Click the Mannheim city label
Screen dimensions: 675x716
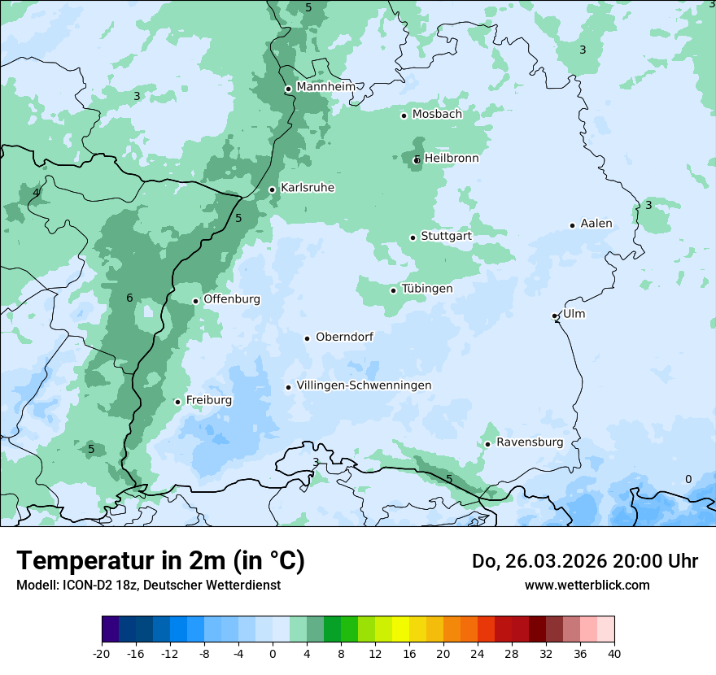[x=325, y=87]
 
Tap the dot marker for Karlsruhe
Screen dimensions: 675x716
[x=273, y=189]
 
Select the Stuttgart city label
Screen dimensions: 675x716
[x=446, y=236]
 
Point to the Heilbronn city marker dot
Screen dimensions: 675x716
[x=417, y=160]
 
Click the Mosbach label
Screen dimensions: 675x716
[x=436, y=115]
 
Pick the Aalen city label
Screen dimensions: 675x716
[x=596, y=224]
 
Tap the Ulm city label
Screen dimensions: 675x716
[x=574, y=314]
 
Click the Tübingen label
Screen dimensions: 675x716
[x=427, y=289]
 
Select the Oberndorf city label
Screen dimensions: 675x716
[x=344, y=337]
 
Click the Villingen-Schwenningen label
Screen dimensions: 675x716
[x=364, y=385]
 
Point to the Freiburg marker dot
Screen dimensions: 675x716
[x=177, y=402]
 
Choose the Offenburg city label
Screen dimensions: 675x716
[x=232, y=299]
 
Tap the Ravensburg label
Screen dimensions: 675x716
[x=529, y=442]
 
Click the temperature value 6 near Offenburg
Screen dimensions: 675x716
[x=129, y=298]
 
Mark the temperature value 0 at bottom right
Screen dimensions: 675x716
[x=688, y=479]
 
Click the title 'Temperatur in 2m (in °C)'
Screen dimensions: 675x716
[x=161, y=560]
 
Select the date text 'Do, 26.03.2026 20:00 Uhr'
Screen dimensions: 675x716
[x=585, y=561]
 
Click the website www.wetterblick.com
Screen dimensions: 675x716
[x=587, y=585]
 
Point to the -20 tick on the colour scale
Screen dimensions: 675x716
[x=102, y=653]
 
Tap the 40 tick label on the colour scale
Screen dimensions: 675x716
[x=614, y=653]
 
